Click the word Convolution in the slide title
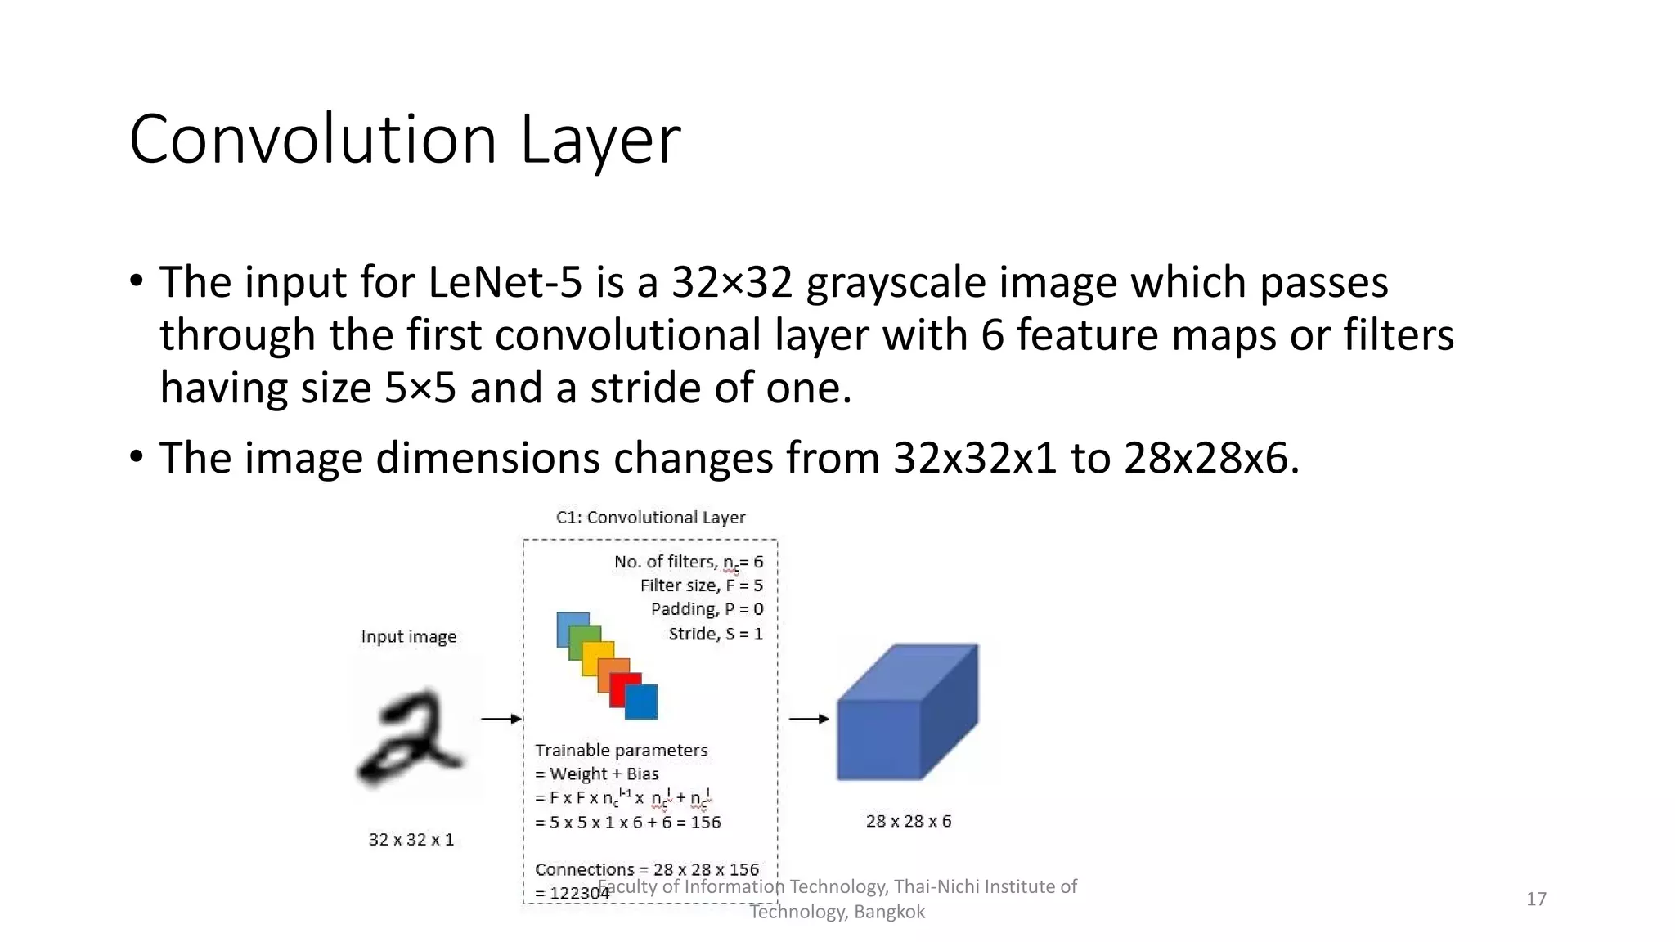tap(313, 140)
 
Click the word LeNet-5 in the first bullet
tap(505, 283)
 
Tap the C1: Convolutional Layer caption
tap(650, 518)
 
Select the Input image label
tap(409, 637)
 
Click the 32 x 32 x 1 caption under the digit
tap(411, 840)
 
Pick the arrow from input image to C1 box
tap(501, 719)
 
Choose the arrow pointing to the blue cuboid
tap(808, 719)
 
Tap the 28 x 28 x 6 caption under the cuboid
tap(909, 821)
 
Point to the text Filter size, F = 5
tap(701, 585)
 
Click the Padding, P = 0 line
tap(707, 609)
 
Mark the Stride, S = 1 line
tap(716, 634)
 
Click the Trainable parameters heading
tap(622, 751)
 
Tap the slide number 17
tap(1536, 899)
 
